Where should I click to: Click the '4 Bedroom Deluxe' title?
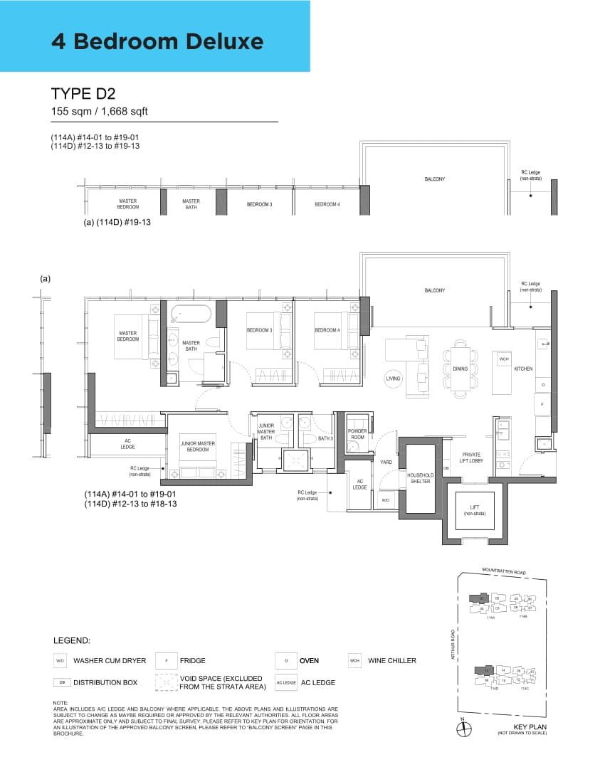(157, 41)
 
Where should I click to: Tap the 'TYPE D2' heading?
(84, 94)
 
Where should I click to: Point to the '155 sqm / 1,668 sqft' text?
(99, 111)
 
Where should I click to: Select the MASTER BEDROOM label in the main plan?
(128, 336)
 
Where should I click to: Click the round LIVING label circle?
(394, 379)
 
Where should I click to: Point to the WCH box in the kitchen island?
(504, 359)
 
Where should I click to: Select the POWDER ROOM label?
(357, 434)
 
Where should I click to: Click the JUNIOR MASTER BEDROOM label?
(198, 446)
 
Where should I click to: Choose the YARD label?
(386, 462)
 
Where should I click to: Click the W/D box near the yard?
(386, 499)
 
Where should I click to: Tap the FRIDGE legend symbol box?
(166, 660)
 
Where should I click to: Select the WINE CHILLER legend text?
(391, 660)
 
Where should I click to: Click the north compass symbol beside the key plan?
(461, 728)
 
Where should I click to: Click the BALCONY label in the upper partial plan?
(434, 179)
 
